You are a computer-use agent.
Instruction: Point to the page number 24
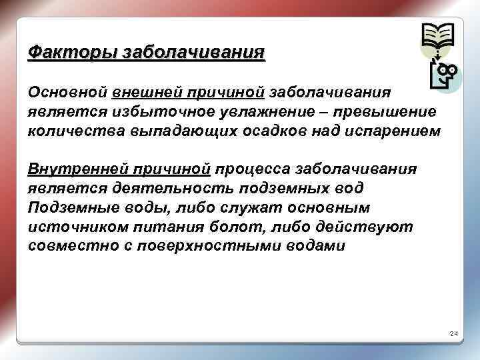click(453, 333)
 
